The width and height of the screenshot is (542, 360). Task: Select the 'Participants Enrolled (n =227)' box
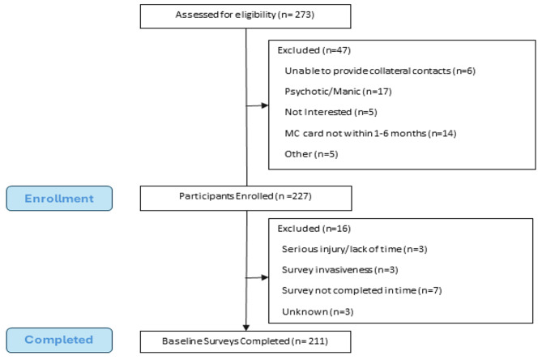click(x=245, y=197)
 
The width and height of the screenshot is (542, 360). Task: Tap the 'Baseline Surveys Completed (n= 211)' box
click(x=245, y=341)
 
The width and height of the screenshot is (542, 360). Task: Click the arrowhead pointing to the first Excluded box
click(x=265, y=105)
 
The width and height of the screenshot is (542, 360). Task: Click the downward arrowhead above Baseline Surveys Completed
click(x=245, y=326)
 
